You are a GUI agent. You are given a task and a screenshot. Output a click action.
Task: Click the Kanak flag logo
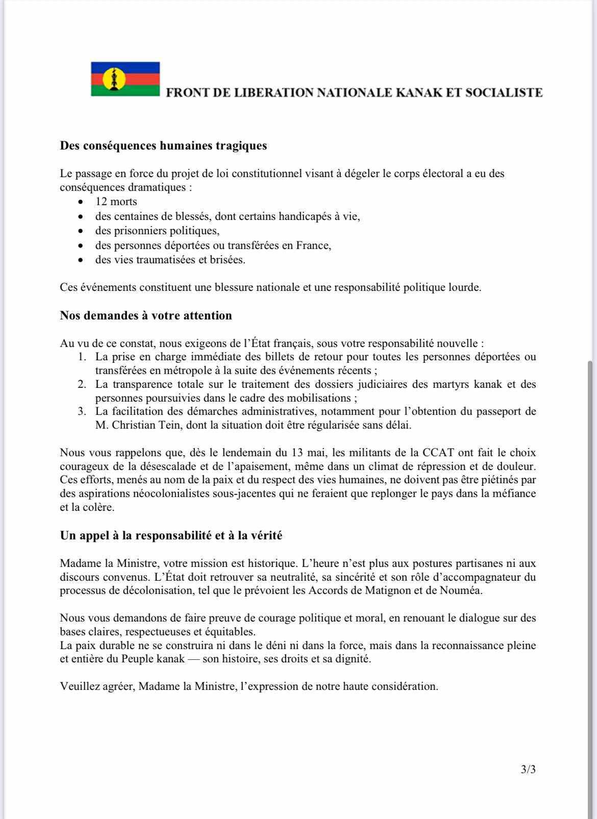coord(126,79)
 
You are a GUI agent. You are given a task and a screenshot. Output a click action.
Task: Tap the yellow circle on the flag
coord(111,79)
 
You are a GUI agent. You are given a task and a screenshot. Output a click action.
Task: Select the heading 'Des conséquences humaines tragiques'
coord(163,146)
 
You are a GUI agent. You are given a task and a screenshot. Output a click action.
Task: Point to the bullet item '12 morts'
coord(116,202)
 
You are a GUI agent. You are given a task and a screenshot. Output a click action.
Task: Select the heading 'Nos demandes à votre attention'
coord(146,315)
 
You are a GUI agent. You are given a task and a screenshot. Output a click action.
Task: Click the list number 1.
coord(82,357)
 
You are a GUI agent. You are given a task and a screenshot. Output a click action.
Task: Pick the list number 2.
coord(82,384)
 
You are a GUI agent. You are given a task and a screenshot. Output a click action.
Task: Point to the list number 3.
coord(82,411)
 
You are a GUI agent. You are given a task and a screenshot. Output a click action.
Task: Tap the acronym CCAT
coord(435,453)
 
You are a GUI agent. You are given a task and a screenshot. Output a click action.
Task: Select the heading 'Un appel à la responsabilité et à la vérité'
coord(171,536)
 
